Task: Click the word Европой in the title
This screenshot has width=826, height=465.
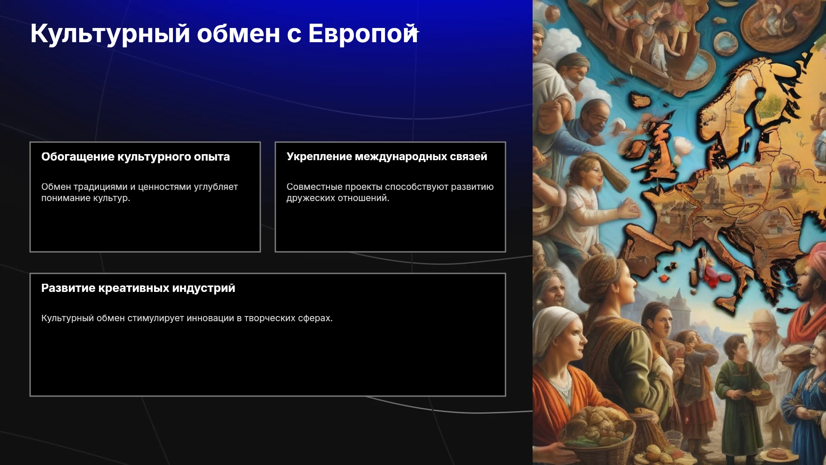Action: click(x=363, y=34)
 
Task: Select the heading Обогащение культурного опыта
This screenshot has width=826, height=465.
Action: click(x=136, y=157)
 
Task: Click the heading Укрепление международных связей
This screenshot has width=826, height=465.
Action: click(x=387, y=157)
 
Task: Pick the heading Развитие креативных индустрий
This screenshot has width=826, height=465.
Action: click(x=138, y=288)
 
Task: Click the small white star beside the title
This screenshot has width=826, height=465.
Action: click(x=413, y=31)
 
